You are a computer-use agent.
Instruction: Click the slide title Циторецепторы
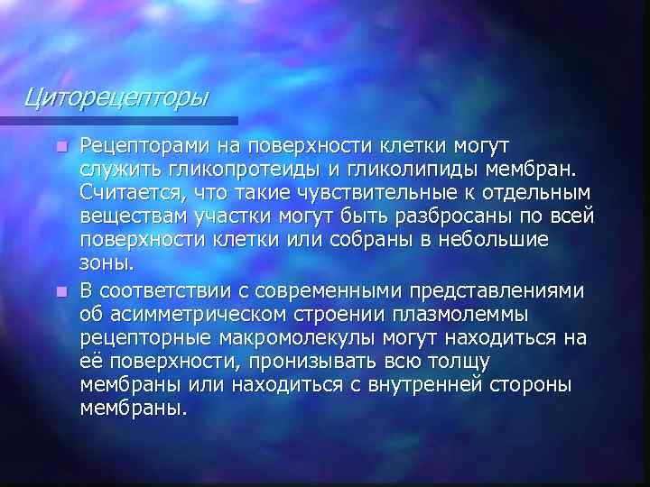pos(116,95)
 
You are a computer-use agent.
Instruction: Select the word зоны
pos(107,263)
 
